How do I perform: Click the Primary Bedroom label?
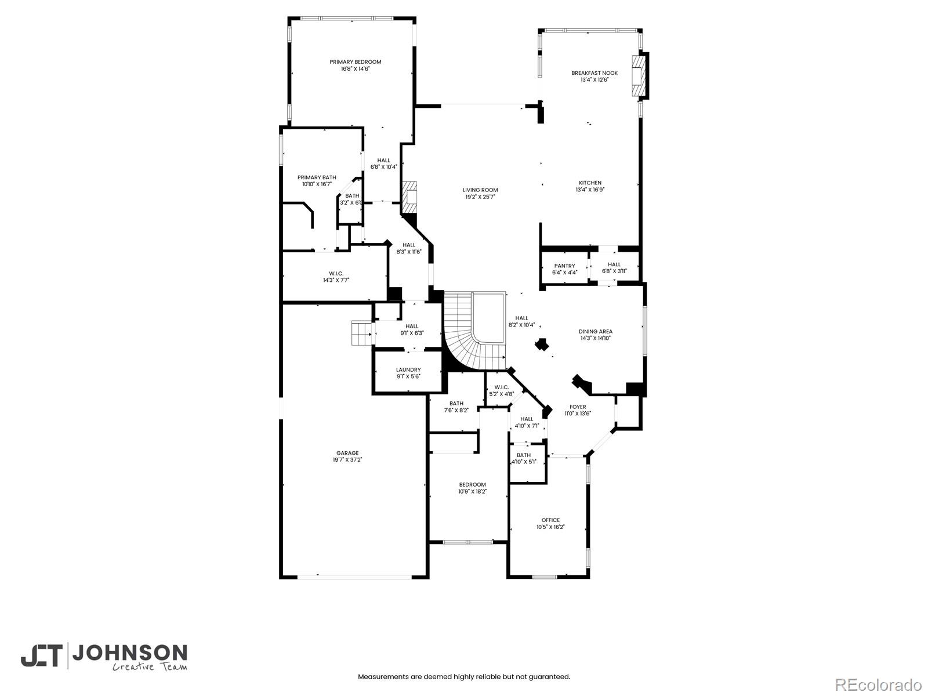(x=355, y=62)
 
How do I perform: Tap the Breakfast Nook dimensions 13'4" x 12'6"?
(x=594, y=80)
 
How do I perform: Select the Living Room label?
(x=480, y=190)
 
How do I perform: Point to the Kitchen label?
(x=590, y=183)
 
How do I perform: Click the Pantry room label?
(x=564, y=266)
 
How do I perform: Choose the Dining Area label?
(x=595, y=331)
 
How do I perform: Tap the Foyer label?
(x=577, y=407)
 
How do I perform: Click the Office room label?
(x=550, y=520)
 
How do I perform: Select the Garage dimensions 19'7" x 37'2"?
(x=347, y=460)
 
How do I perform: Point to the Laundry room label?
(x=408, y=369)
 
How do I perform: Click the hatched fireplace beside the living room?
(x=411, y=197)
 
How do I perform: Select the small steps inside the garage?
(x=361, y=333)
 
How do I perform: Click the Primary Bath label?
(x=317, y=177)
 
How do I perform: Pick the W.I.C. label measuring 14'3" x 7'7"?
(x=336, y=280)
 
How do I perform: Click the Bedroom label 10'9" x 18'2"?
(x=472, y=484)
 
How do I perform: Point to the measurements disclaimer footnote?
(x=463, y=676)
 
